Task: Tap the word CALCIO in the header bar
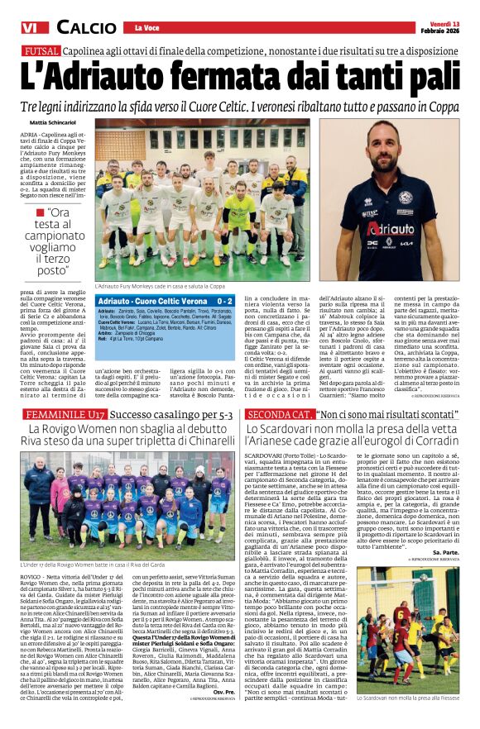[80, 29]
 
